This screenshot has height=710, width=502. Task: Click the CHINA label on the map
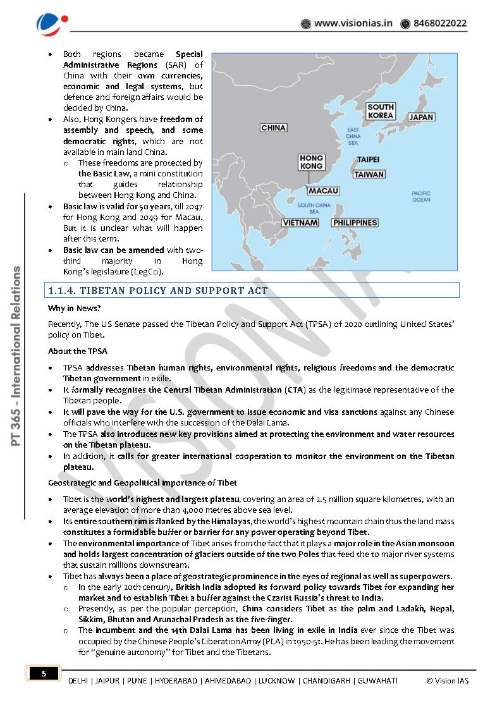(273, 128)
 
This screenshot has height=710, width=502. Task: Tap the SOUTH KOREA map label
(381, 111)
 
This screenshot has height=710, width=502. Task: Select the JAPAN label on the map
(420, 117)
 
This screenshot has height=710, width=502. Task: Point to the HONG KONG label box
(311, 162)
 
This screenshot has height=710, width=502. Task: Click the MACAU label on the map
(324, 190)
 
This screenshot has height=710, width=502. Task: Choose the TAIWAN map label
(369, 174)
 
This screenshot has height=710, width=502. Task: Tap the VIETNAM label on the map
(300, 223)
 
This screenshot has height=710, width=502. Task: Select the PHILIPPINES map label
(355, 223)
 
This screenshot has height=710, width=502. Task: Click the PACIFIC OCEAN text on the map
(420, 197)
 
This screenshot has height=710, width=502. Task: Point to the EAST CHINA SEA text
(353, 136)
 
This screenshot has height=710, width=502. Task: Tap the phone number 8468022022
(440, 23)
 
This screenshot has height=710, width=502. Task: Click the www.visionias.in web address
(353, 23)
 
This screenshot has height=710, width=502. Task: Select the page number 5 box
(44, 674)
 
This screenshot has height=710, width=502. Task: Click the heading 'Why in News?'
(74, 309)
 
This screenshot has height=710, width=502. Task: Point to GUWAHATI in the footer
(377, 680)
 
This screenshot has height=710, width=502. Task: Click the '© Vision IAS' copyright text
(448, 680)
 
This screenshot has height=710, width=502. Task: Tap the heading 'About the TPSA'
(78, 351)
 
